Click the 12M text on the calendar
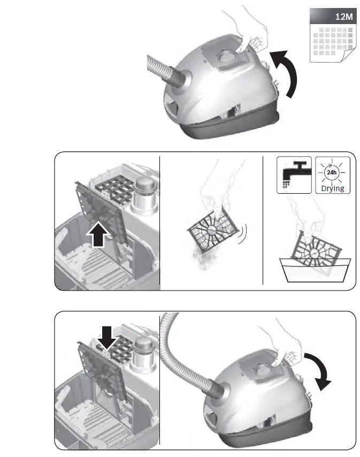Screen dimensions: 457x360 [343, 17]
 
